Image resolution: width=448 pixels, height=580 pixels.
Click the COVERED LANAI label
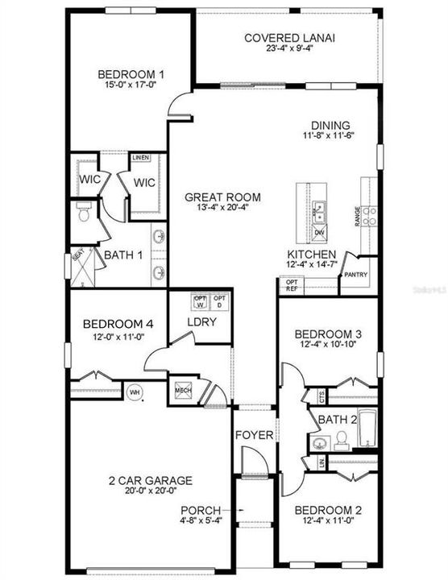click(289, 38)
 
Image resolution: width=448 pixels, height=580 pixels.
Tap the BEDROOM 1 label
click(129, 71)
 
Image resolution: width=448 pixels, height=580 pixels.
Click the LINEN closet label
click(142, 158)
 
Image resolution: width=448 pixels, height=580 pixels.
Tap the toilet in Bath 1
click(82, 214)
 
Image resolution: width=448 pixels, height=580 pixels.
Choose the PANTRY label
click(355, 275)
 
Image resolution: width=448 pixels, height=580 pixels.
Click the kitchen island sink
click(320, 212)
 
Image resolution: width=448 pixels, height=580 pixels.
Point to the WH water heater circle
click(135, 391)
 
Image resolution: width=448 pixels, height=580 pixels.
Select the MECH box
click(183, 390)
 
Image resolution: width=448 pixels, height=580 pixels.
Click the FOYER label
click(254, 436)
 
